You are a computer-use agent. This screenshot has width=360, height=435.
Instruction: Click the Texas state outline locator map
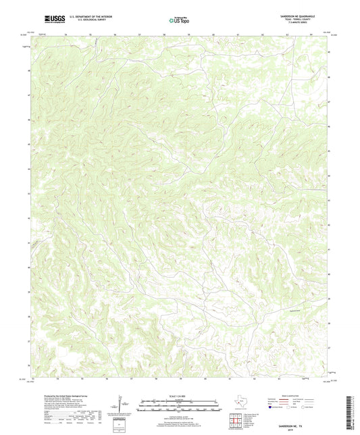[x=240, y=406]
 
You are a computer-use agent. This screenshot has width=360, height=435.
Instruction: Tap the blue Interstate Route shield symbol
[x=272, y=408]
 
